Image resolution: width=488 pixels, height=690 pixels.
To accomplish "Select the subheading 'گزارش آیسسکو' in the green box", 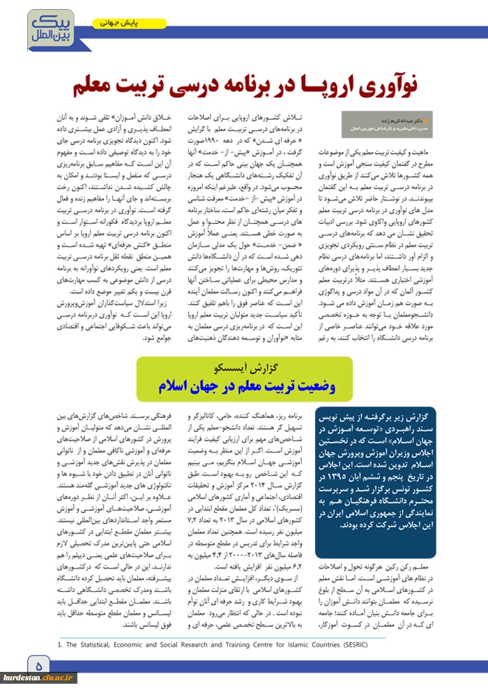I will coord(244,367).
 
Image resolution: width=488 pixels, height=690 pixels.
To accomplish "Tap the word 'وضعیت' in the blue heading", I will coord(307,385).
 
